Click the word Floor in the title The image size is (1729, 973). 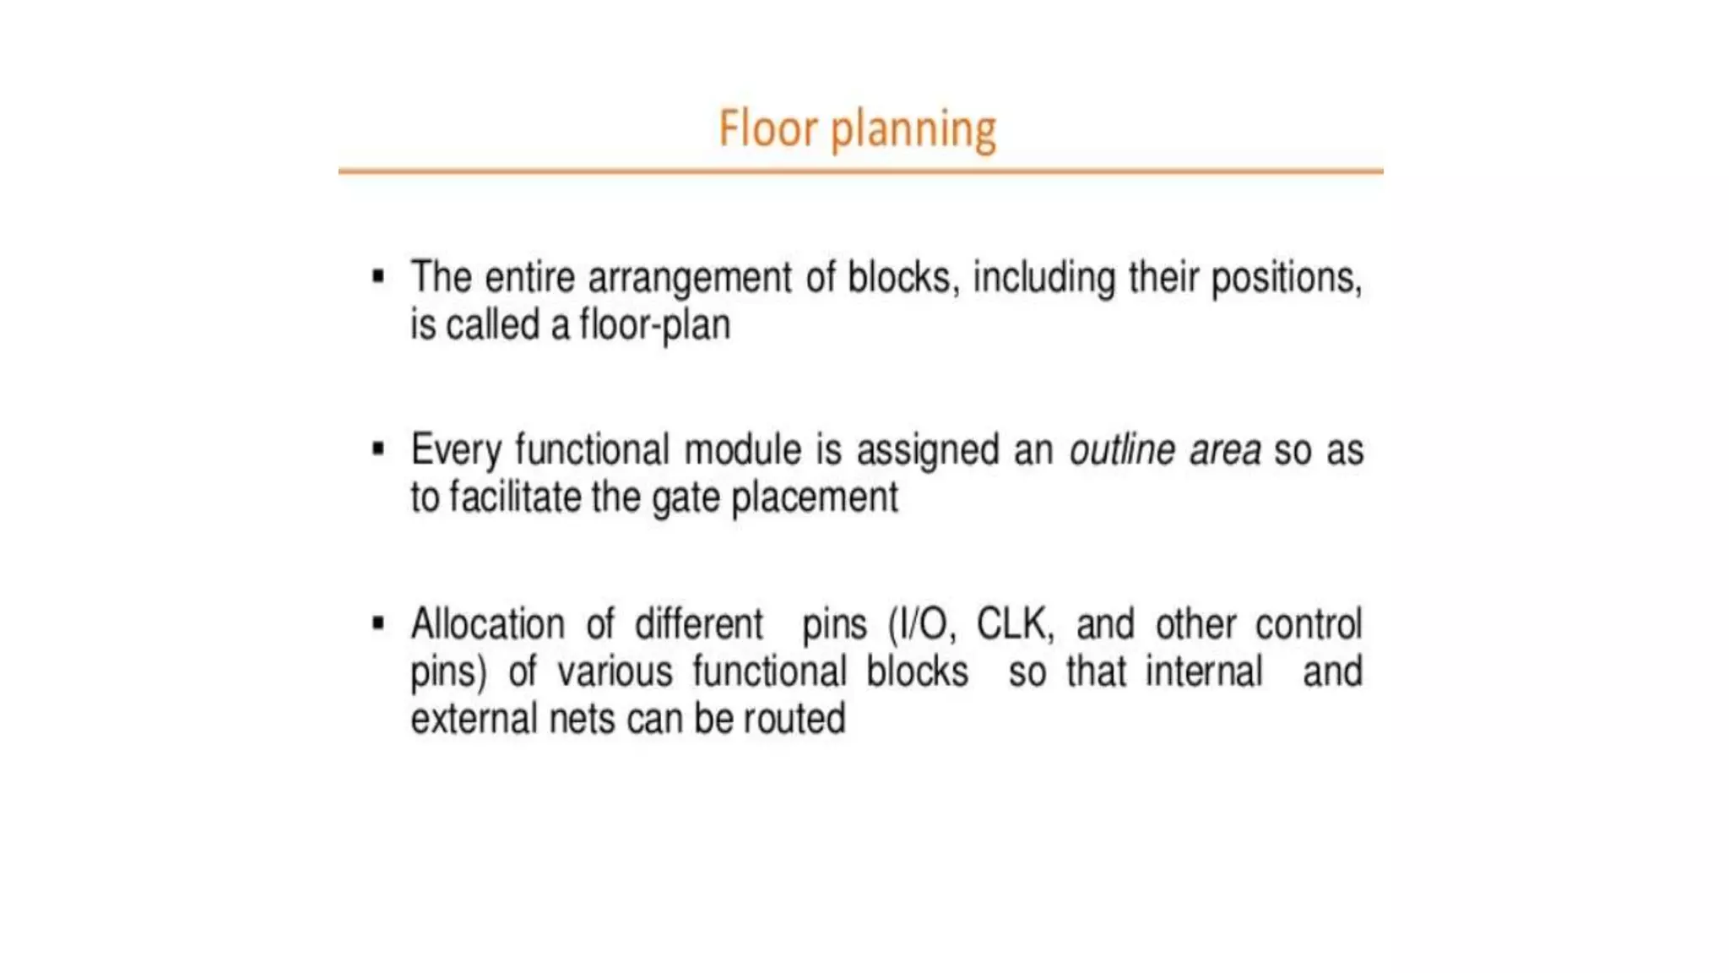pyautogui.click(x=767, y=129)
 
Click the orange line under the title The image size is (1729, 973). pyautogui.click(x=860, y=171)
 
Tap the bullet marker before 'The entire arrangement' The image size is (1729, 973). pyautogui.click(x=378, y=276)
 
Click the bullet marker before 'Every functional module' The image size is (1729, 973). pyautogui.click(x=378, y=448)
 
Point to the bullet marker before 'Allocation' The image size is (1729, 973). pyautogui.click(x=378, y=624)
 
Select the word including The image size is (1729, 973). pyautogui.click(x=1043, y=279)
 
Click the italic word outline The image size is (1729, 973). pyautogui.click(x=1121, y=449)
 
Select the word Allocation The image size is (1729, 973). pyautogui.click(x=487, y=625)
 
